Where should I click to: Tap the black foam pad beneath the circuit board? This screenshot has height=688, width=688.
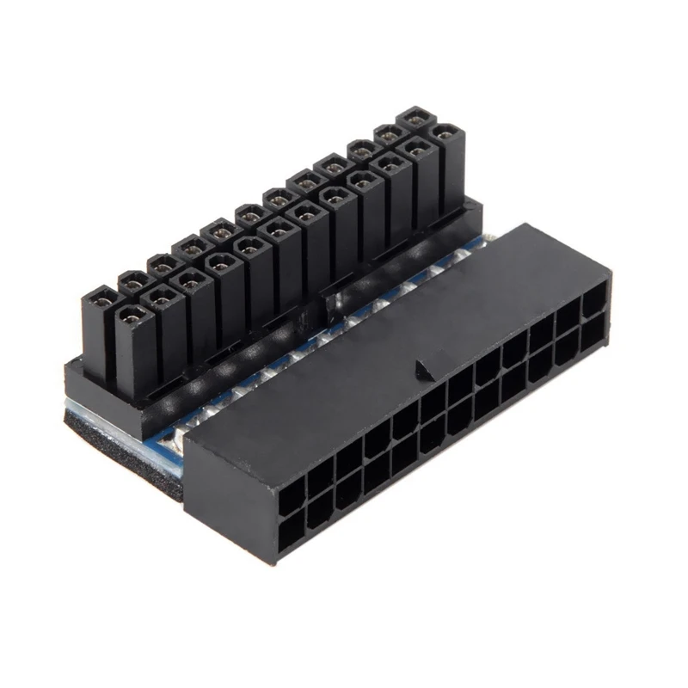tap(120, 439)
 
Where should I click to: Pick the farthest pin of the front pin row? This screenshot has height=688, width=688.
tap(445, 134)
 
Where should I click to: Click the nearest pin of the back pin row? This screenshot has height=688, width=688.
tap(101, 298)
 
